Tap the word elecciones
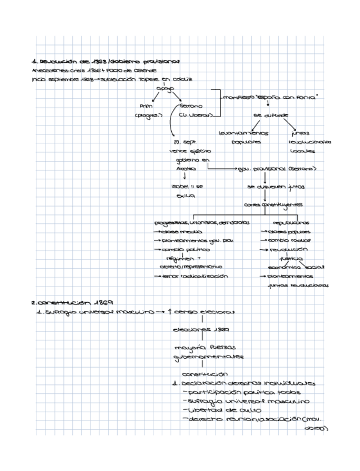[189, 329]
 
